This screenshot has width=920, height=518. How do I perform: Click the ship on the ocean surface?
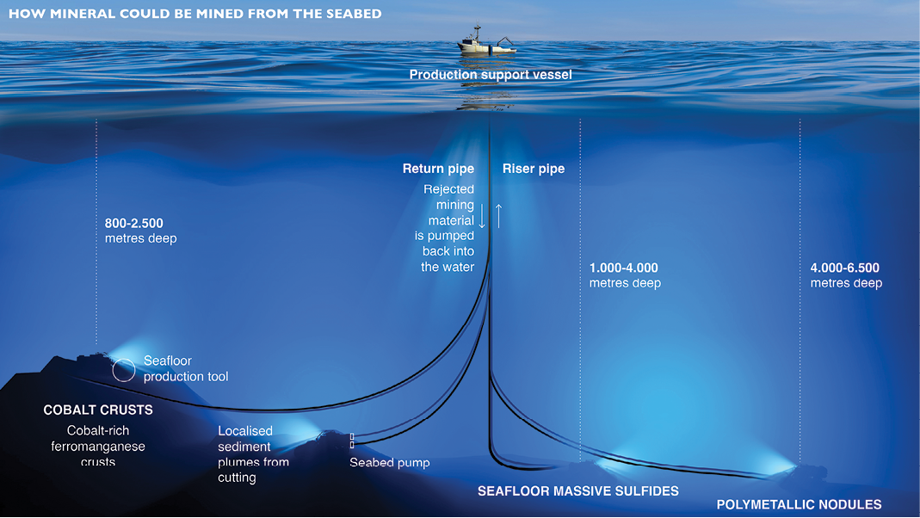pyautogui.click(x=486, y=43)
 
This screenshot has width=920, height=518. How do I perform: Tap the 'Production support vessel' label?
pyautogui.click(x=491, y=75)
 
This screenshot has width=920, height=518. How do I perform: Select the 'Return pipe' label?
pyautogui.click(x=438, y=169)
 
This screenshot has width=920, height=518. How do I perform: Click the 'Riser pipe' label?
pyautogui.click(x=534, y=169)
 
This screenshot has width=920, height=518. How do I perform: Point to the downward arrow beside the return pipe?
pyautogui.click(x=482, y=214)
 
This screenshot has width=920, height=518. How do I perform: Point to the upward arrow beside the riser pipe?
pyautogui.click(x=497, y=214)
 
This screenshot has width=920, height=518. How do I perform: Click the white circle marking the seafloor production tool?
pyautogui.click(x=123, y=370)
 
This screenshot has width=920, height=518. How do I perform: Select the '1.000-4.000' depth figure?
pyautogui.click(x=623, y=268)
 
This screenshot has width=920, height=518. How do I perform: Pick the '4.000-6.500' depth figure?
pyautogui.click(x=844, y=268)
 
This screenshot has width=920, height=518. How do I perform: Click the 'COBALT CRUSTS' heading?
pyautogui.click(x=98, y=410)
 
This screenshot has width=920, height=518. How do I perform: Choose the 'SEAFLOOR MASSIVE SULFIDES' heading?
pyautogui.click(x=577, y=491)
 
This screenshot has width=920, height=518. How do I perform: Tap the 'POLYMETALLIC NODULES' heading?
pyautogui.click(x=799, y=504)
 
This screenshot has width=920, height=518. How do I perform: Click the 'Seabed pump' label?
pyautogui.click(x=389, y=463)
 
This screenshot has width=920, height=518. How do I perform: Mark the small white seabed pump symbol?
pyautogui.click(x=352, y=441)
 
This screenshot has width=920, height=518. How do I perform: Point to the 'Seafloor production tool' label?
pyautogui.click(x=186, y=369)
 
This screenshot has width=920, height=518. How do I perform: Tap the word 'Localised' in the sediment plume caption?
pyautogui.click(x=245, y=431)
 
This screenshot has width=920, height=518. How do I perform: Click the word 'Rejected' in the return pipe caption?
pyautogui.click(x=448, y=189)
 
